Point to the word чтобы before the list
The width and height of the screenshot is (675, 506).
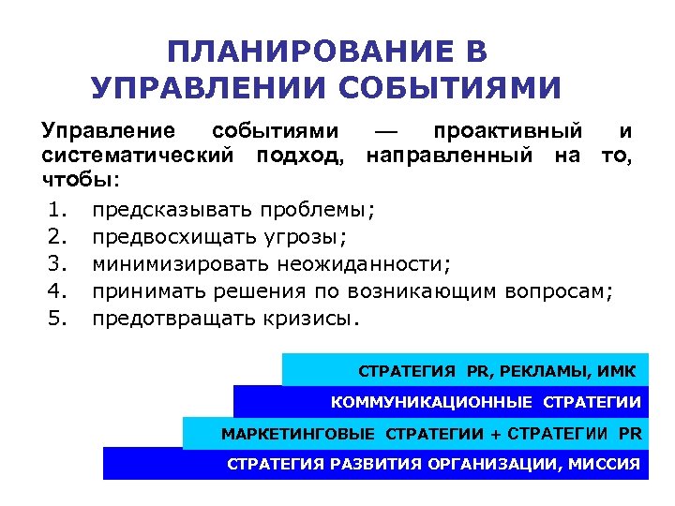78,178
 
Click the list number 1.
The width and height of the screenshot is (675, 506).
57,205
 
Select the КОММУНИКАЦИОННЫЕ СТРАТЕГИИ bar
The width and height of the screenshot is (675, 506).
441,402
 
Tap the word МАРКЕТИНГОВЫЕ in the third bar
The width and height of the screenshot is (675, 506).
297,434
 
